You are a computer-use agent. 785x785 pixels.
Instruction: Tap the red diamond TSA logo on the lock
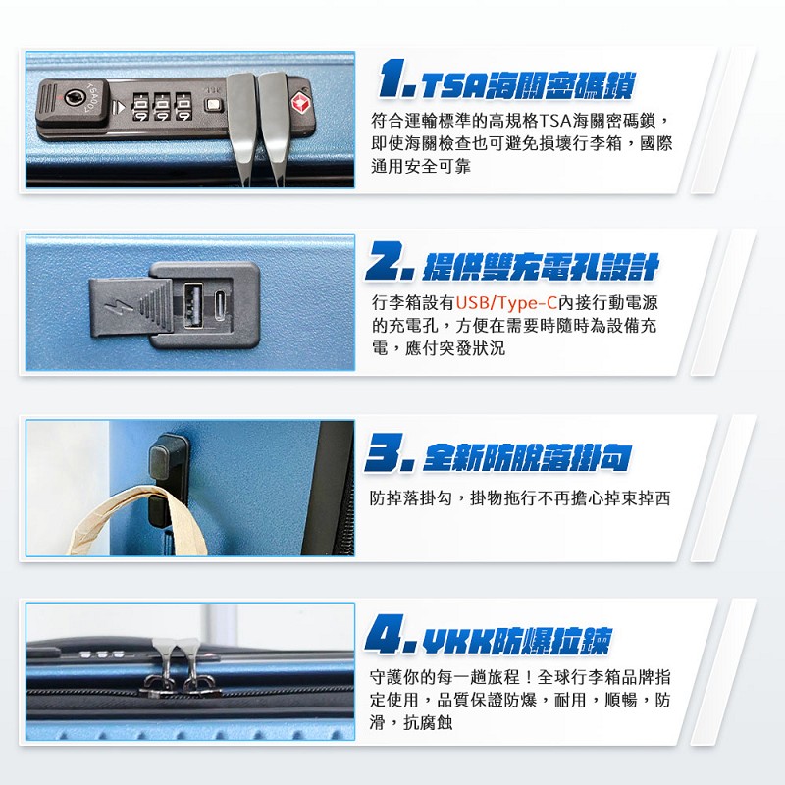(x=299, y=103)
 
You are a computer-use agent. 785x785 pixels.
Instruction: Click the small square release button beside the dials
(x=212, y=106)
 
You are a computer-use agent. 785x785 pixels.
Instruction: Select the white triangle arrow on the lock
(x=119, y=107)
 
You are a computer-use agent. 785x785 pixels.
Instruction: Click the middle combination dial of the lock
(x=161, y=107)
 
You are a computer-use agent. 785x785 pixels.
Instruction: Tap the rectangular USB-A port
(x=193, y=305)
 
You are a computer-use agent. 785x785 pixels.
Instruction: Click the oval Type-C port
(x=221, y=305)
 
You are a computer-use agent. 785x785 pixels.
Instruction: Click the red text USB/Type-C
(x=506, y=303)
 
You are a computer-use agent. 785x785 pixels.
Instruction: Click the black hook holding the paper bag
(x=167, y=480)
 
